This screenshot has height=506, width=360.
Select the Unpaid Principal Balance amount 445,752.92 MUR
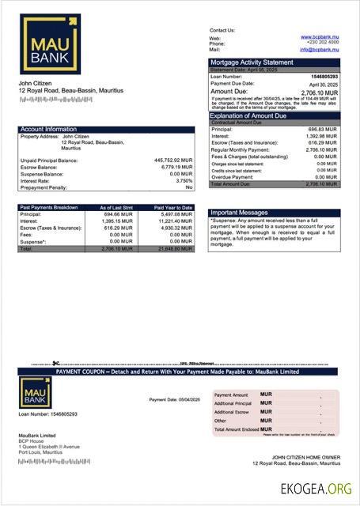[x=172, y=160]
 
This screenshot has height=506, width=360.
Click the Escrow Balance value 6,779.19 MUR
[x=176, y=168]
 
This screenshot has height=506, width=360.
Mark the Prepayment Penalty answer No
[x=189, y=187]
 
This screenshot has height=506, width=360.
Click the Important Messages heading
[x=241, y=213]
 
